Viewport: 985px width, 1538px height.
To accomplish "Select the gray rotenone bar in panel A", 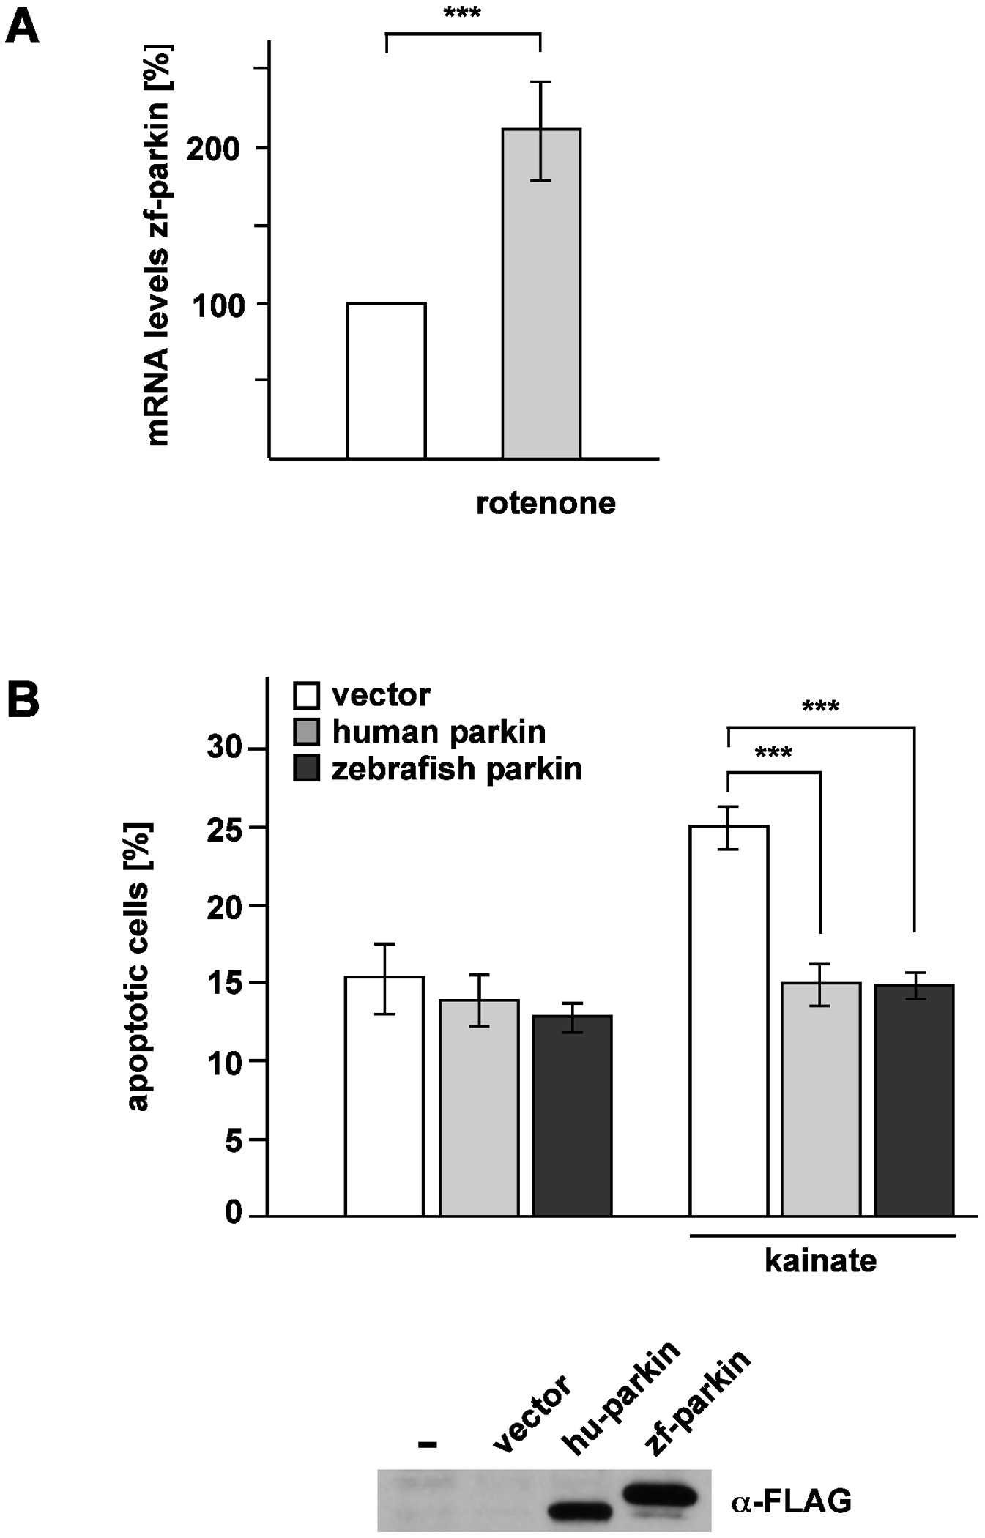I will [541, 293].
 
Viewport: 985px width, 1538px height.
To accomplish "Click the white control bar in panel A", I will [386, 381].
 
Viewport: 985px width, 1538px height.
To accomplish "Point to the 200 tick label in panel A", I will [213, 149].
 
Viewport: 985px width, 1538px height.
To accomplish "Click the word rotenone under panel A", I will [546, 504].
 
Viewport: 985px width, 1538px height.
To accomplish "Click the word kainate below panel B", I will [820, 1261].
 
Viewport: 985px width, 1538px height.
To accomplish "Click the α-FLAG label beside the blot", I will [791, 1501].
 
